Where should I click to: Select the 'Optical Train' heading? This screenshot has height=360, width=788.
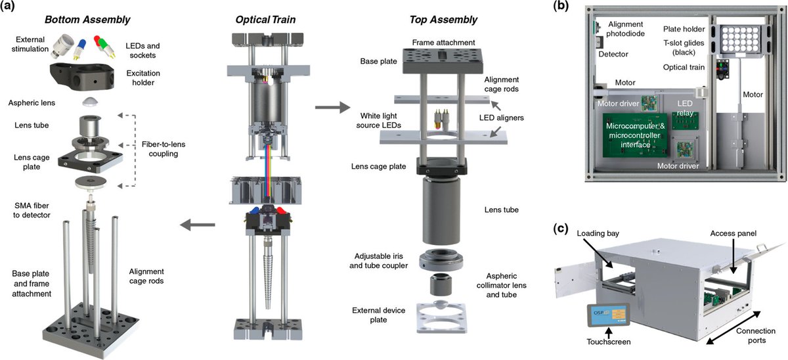pyautogui.click(x=265, y=20)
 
